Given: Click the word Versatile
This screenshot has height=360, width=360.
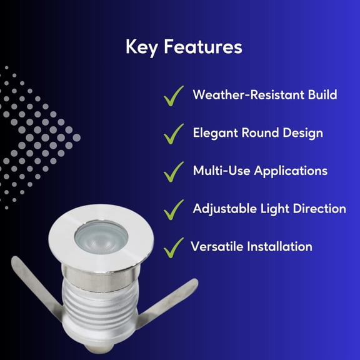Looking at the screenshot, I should [x=213, y=246].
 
